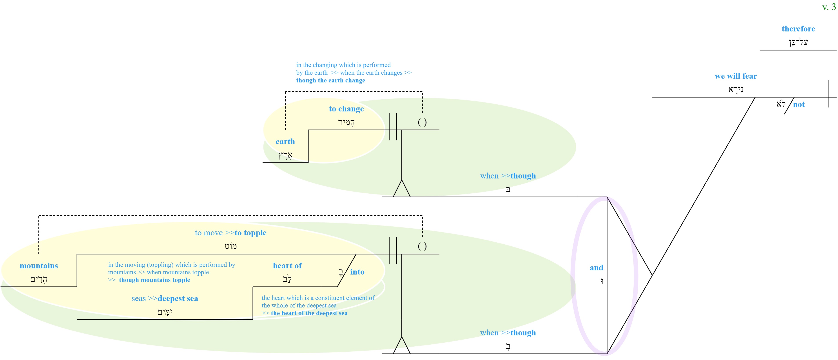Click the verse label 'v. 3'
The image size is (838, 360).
829,7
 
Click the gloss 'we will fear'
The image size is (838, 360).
736,76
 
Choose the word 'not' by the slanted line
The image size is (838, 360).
799,104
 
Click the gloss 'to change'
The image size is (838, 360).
346,109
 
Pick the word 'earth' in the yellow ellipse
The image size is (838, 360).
285,142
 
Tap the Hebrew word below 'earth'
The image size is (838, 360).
285,155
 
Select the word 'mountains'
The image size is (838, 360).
39,266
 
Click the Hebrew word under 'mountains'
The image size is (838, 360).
39,279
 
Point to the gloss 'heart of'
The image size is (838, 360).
287,266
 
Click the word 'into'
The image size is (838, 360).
357,272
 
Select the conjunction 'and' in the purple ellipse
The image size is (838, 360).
596,268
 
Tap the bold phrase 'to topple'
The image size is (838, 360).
250,233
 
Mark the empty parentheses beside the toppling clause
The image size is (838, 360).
422,246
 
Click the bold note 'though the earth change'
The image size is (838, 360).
330,80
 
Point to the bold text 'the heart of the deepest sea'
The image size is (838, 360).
309,313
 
